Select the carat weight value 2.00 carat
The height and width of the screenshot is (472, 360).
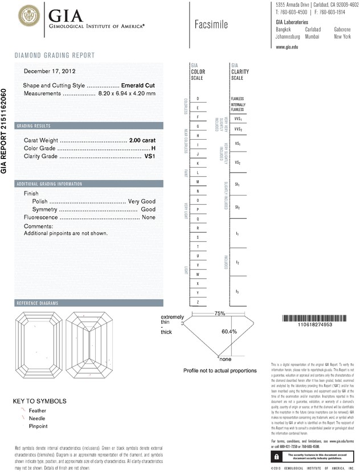[x=142, y=140]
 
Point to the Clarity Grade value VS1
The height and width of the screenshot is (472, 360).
[x=150, y=156]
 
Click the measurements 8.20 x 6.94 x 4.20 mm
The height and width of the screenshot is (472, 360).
[x=126, y=93]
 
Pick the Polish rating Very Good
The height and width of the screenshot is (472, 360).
[x=142, y=202]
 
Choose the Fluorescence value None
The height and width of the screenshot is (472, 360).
[x=149, y=218]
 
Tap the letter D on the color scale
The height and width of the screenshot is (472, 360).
[x=198, y=99]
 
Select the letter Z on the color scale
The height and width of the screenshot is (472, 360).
[x=198, y=301]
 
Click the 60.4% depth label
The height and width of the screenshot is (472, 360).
[x=229, y=331]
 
